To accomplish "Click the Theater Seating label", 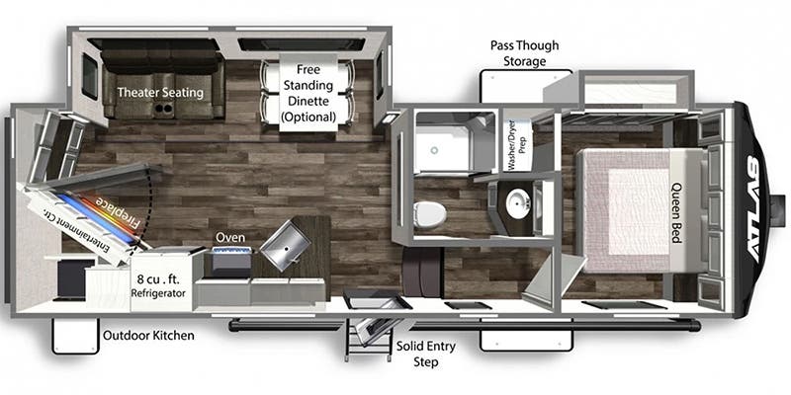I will click(160, 93).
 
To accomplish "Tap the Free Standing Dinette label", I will click(308, 94).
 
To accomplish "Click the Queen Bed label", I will click(679, 206).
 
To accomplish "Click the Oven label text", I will click(230, 238).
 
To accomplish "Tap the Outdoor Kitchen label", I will click(148, 336).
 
